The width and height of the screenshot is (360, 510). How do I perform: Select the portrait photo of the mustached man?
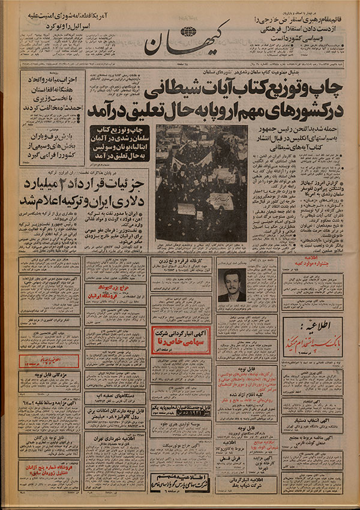(231, 286)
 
